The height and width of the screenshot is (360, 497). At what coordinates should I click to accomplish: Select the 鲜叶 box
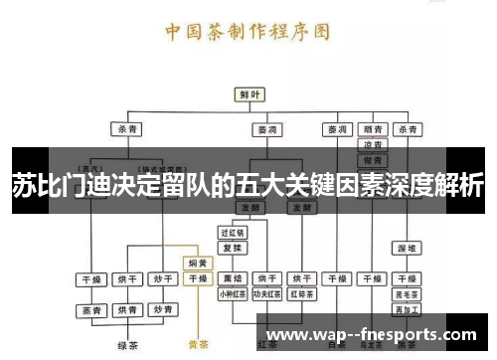pyautogui.click(x=248, y=94)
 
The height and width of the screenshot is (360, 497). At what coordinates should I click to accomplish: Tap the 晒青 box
pyautogui.click(x=373, y=129)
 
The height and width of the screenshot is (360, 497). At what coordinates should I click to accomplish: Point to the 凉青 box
pyautogui.click(x=373, y=145)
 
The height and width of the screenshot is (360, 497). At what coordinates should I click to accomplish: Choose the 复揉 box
pyautogui.click(x=233, y=245)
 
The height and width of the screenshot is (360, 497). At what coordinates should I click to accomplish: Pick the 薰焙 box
pyautogui.click(x=233, y=279)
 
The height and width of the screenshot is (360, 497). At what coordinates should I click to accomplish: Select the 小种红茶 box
pyautogui.click(x=233, y=294)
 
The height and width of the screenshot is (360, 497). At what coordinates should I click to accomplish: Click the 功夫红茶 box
pyautogui.click(x=266, y=294)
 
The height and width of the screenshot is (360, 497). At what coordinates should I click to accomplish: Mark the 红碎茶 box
pyautogui.click(x=301, y=294)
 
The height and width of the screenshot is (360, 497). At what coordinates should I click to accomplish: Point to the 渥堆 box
pyautogui.click(x=407, y=246)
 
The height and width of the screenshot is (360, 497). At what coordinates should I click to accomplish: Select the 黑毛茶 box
pyautogui.click(x=407, y=294)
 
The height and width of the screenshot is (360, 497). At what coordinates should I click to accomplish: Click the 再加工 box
pyautogui.click(x=407, y=309)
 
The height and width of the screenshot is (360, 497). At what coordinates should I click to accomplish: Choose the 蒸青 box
pyautogui.click(x=92, y=310)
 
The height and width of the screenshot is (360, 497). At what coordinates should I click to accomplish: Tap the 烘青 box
pyautogui.click(x=127, y=310)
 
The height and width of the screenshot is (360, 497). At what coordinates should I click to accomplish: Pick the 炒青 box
pyautogui.click(x=162, y=310)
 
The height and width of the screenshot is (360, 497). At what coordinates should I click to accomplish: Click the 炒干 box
pyautogui.click(x=162, y=279)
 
